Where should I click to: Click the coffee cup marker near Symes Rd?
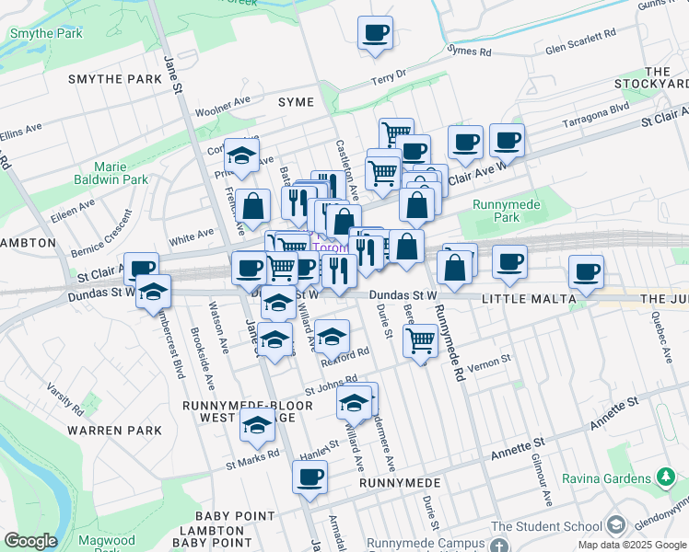[x=375, y=33]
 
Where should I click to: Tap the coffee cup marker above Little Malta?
[x=509, y=261]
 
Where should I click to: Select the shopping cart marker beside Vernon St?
[x=421, y=340]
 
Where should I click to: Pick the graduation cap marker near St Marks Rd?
[x=258, y=425]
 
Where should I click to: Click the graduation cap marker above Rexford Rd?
[x=333, y=336]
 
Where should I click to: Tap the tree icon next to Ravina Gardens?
[x=665, y=477]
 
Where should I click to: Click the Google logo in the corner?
[x=30, y=541]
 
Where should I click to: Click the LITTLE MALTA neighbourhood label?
[x=529, y=299]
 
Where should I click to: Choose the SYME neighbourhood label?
[x=297, y=102]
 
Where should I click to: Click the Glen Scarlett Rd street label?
[x=580, y=41]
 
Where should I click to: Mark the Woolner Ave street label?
[x=223, y=104]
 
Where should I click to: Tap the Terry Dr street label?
[x=388, y=77]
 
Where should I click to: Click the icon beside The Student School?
[x=615, y=525]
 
